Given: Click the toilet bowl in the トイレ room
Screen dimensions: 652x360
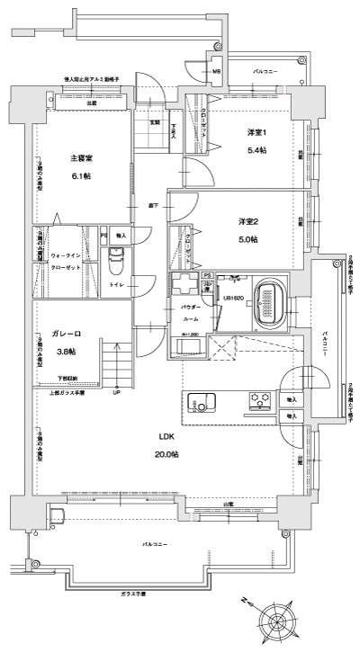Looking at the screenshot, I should (114, 265).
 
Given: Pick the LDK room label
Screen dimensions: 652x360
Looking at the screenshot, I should (166, 436).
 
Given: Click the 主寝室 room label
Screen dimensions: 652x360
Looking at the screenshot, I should (82, 158).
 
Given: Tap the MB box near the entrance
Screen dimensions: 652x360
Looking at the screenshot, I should (217, 71).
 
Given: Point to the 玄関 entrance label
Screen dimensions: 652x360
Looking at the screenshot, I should (154, 122).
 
